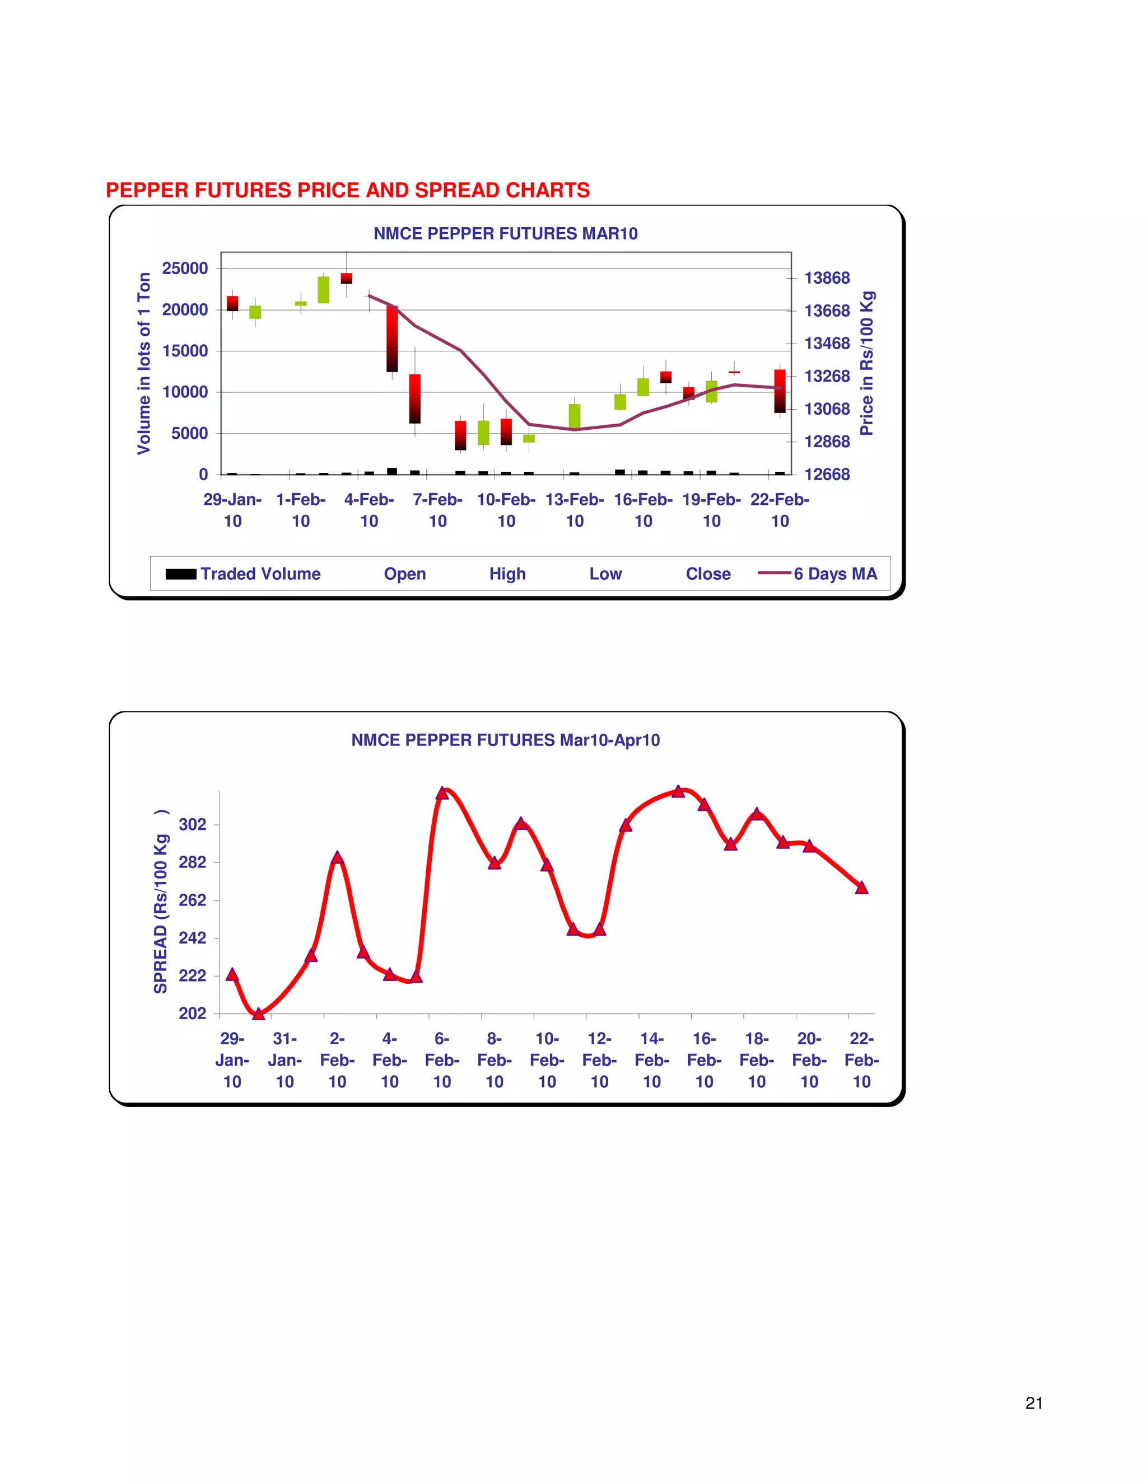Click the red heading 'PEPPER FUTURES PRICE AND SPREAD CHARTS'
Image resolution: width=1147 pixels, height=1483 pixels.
pyautogui.click(x=347, y=190)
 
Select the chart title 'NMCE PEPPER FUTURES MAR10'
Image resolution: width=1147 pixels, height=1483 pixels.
pyautogui.click(x=506, y=233)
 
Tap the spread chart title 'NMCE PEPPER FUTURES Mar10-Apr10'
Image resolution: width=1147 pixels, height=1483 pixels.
pyautogui.click(x=506, y=740)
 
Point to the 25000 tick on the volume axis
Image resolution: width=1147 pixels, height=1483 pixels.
pyautogui.click(x=185, y=268)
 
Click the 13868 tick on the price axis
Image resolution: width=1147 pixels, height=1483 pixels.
pyautogui.click(x=827, y=278)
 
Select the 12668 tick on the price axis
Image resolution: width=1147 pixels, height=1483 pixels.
pyautogui.click(x=827, y=474)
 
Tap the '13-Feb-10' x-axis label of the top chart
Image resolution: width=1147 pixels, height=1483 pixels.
pyautogui.click(x=575, y=510)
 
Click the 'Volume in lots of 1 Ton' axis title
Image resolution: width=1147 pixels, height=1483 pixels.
pyautogui.click(x=144, y=363)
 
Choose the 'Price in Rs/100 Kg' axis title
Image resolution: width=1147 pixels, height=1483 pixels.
pyautogui.click(x=866, y=363)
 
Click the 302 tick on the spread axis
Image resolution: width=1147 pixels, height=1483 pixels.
pyautogui.click(x=192, y=824)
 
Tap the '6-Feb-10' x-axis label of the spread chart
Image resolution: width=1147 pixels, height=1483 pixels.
pyautogui.click(x=442, y=1060)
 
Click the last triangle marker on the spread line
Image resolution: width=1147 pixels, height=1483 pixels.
pyautogui.click(x=861, y=888)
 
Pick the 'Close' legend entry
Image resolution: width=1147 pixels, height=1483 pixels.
pyautogui.click(x=708, y=574)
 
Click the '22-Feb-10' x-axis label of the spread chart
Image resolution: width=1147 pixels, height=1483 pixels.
pyautogui.click(x=861, y=1060)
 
